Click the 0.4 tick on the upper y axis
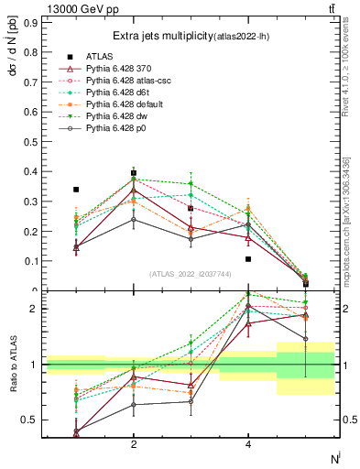(x=29, y=171)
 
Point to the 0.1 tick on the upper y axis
(x=29, y=261)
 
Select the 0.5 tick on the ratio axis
(x=29, y=420)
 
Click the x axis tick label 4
(x=248, y=444)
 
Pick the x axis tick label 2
(x=134, y=444)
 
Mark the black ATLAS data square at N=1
(x=76, y=190)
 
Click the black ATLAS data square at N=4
(x=248, y=259)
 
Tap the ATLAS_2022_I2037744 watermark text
(x=191, y=274)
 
